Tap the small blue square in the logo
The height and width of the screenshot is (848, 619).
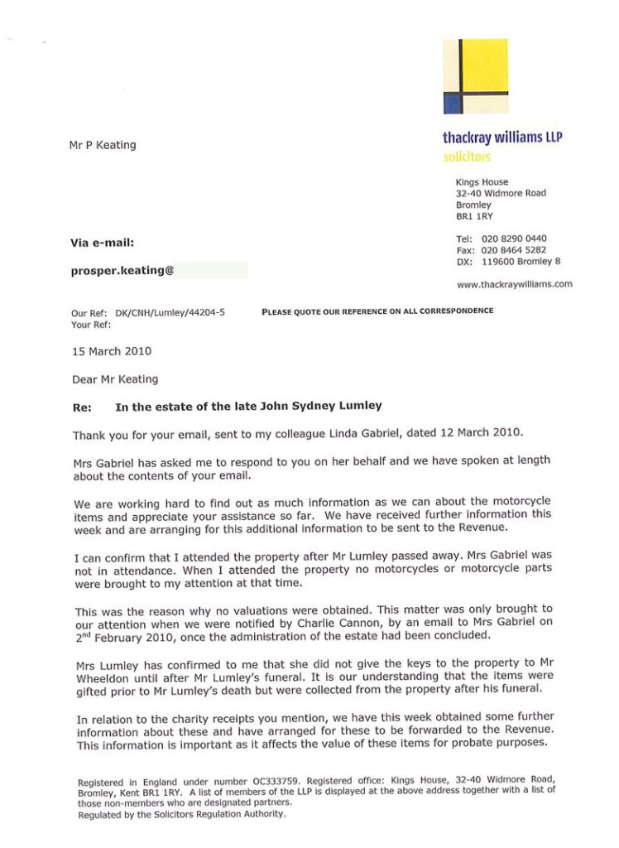coord(452,103)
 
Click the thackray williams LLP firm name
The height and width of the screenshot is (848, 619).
coord(502,137)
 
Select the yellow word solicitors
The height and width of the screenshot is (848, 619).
coord(467,156)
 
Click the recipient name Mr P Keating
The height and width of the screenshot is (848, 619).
coord(103,145)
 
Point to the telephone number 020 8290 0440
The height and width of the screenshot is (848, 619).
coord(514,238)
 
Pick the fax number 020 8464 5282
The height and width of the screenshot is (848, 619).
coord(514,250)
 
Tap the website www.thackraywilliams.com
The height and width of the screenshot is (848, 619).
coord(514,284)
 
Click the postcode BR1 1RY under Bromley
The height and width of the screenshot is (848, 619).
coord(474,216)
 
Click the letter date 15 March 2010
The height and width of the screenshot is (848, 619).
coord(112,351)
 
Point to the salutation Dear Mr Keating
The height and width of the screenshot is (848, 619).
coord(115,379)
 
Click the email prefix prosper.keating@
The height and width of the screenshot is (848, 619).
coord(122,270)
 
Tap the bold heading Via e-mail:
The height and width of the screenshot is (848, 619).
coord(102,243)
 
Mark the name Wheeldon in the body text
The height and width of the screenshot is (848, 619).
coord(98,676)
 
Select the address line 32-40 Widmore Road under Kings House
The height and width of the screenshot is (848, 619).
coord(501,193)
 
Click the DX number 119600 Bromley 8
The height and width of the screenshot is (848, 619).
coord(521,262)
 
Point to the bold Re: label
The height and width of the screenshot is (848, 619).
coord(82,407)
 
